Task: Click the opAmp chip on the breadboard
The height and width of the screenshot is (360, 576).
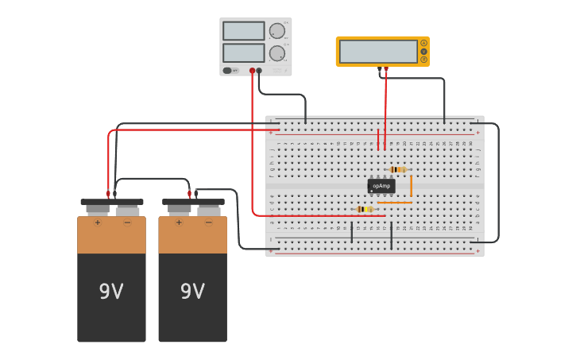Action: pos(381,186)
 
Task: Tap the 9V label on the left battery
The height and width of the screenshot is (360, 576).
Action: pos(111,292)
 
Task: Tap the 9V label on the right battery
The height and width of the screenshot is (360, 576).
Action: pos(192,292)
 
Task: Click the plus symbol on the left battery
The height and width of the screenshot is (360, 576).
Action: pos(98,223)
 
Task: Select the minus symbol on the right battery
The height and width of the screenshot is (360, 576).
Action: pos(208,223)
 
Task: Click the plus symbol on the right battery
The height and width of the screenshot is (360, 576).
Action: pos(179,223)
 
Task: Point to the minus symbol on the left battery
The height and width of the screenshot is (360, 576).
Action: pos(127,223)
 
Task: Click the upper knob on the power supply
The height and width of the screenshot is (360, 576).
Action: pos(276,31)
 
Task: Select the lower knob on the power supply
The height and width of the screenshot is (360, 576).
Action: pos(276,53)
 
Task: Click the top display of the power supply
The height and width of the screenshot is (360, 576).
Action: pos(244,31)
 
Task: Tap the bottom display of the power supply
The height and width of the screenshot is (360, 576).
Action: pos(244,53)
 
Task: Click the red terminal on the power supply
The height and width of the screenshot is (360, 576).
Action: pos(252,71)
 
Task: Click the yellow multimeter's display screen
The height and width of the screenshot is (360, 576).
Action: pos(378,52)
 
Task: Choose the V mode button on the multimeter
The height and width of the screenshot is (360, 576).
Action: pos(424,52)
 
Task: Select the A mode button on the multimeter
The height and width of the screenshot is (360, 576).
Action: pos(424,43)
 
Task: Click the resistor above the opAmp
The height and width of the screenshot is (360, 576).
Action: pos(398,169)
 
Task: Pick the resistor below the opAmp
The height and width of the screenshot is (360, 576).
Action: pos(365,209)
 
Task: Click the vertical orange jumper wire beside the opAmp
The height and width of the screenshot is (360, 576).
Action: pos(411,186)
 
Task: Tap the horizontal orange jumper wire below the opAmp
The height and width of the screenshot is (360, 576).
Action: pos(395,203)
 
